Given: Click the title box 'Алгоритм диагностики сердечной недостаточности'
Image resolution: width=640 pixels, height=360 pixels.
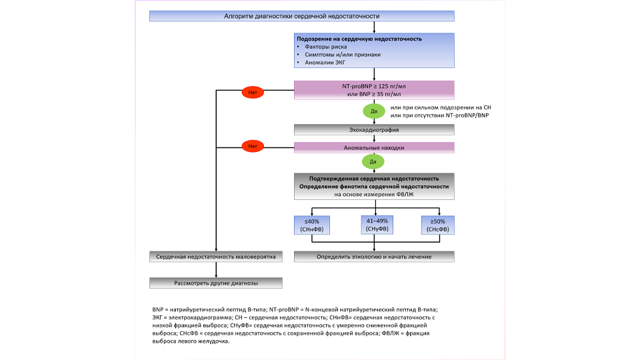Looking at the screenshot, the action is (301, 16).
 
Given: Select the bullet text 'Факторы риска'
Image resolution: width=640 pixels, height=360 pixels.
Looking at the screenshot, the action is (326, 47).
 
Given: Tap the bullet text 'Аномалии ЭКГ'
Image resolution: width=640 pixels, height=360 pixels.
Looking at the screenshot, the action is (325, 63).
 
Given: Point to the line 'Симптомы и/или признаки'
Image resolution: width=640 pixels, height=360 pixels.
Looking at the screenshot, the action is (343, 54).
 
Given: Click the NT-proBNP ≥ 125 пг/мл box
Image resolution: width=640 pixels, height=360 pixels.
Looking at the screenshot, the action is (374, 90).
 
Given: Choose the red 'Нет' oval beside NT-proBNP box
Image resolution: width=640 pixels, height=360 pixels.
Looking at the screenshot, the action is (253, 92).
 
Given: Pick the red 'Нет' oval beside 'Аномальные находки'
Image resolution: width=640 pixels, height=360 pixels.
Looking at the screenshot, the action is (253, 146).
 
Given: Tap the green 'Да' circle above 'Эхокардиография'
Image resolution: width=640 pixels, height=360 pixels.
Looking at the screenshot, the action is (374, 111).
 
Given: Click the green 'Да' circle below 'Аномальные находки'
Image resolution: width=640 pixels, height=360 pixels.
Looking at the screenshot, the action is (373, 161).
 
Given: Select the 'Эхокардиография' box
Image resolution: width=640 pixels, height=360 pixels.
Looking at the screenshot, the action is (374, 130).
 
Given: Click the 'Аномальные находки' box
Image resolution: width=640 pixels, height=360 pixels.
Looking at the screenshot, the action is (374, 147).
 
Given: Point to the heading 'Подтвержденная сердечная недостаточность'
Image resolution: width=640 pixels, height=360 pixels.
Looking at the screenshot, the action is (374, 179).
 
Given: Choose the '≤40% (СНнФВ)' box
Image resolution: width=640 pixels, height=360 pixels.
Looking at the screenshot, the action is (312, 225).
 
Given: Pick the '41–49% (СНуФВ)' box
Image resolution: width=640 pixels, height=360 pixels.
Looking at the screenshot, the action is (377, 225).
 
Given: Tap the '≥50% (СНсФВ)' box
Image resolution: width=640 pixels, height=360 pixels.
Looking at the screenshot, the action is (437, 225).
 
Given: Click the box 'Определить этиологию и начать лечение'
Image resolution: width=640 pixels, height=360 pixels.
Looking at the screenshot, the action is (374, 257).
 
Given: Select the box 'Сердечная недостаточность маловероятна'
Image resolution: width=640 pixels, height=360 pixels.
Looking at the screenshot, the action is (216, 257).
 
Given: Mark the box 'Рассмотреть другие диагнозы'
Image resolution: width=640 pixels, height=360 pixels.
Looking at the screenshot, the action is (216, 283).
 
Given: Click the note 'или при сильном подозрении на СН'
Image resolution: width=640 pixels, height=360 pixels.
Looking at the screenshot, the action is (441, 107).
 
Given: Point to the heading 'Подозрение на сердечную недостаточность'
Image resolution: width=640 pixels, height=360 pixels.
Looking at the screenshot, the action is (359, 39).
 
